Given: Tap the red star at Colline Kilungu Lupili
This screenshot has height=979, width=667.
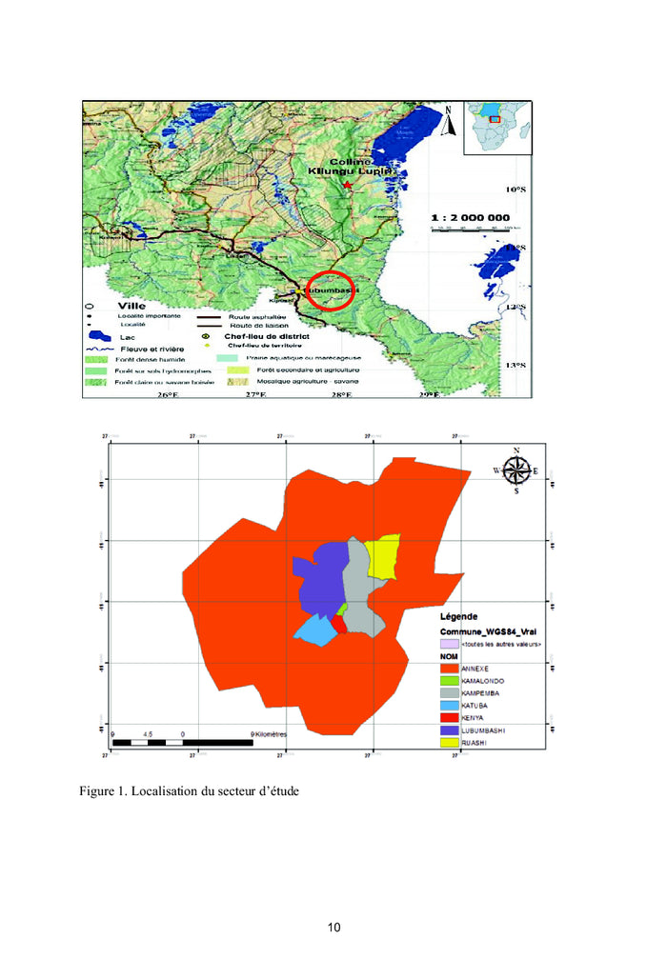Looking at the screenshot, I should (349, 183).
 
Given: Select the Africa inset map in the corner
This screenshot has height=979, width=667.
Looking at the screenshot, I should (496, 127).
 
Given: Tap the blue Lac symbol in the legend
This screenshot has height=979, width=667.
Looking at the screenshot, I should (98, 336).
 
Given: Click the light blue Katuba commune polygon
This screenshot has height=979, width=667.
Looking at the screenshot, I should (312, 629).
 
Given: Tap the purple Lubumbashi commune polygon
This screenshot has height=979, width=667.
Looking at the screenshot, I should (320, 581).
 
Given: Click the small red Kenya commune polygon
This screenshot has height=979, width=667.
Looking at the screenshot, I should (337, 625).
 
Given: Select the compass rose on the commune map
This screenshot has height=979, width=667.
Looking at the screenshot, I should (516, 470).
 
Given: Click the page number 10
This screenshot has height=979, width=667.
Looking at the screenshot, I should (333, 928).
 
